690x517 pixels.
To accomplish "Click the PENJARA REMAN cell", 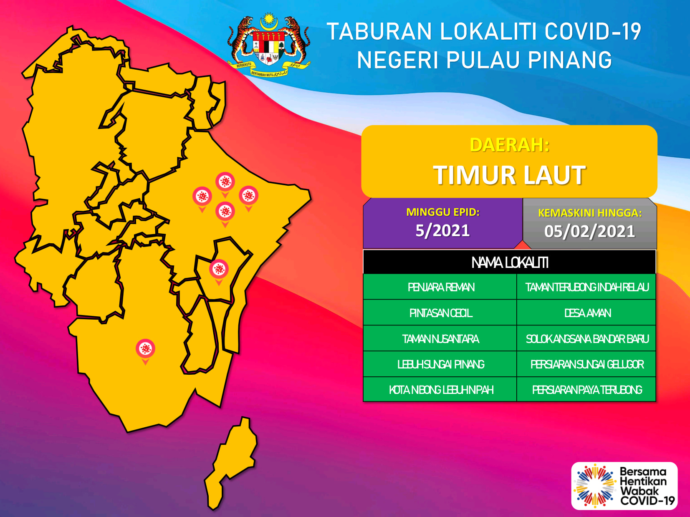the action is (x=440, y=287).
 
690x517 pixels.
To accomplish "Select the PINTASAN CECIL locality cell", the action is (x=440, y=313).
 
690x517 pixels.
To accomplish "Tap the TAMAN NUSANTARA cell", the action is (x=440, y=338).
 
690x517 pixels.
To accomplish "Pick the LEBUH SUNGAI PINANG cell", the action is (x=440, y=364).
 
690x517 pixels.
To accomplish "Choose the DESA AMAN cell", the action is (x=586, y=313).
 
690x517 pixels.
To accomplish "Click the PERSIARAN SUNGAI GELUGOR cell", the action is (x=586, y=364).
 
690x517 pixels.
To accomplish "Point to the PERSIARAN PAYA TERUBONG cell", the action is (x=586, y=390).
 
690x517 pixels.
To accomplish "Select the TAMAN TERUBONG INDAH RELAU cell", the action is (x=586, y=287).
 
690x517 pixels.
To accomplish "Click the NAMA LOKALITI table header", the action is (x=510, y=262).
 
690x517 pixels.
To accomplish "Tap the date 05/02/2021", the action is (x=589, y=232).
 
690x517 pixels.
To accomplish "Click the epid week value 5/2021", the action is (x=442, y=231).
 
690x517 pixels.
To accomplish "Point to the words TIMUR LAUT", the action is (x=509, y=175).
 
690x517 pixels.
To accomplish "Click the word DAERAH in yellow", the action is (x=509, y=145).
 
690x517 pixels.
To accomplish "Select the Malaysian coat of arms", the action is (x=269, y=45).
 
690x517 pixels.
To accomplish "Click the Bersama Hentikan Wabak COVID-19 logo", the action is (x=624, y=486).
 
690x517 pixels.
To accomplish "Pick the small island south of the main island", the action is (x=231, y=463).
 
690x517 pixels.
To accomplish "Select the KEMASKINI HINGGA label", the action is (x=590, y=213).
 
